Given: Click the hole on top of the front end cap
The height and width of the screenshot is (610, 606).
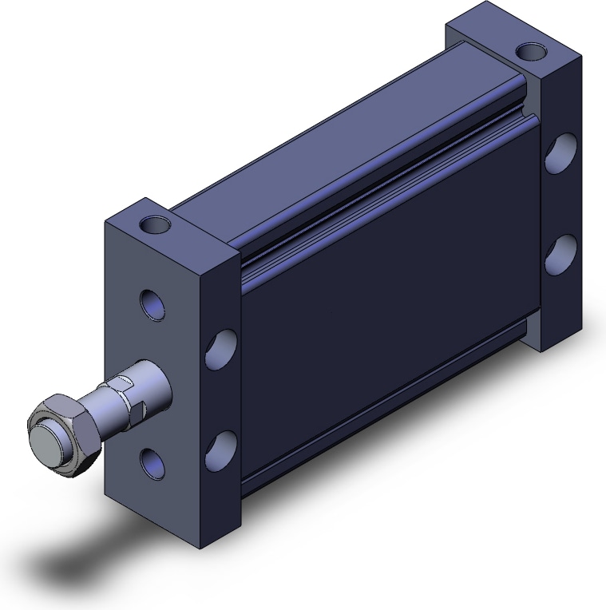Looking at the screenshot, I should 157,224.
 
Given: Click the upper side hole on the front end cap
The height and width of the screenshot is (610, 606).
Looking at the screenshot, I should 221,350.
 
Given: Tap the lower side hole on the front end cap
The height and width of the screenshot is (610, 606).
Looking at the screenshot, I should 221,450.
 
